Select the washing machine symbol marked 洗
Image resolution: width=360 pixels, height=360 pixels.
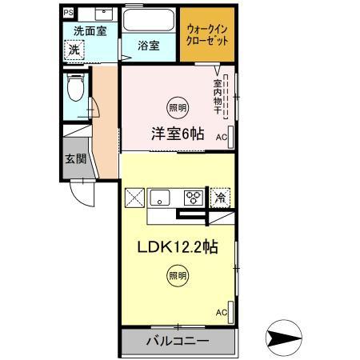pyautogui.click(x=73, y=50)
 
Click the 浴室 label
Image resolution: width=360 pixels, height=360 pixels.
pyautogui.click(x=149, y=46)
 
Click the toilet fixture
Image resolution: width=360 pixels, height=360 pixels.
pyautogui.click(x=75, y=90)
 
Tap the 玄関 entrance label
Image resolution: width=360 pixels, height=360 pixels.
pyautogui.click(x=75, y=157)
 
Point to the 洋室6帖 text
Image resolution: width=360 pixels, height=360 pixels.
pyautogui.click(x=178, y=134)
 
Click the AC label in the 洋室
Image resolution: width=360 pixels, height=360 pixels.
pyautogui.click(x=222, y=136)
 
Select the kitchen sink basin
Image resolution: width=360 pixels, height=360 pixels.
pyautogui.click(x=160, y=196)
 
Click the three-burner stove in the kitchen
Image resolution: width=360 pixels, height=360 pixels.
pyautogui.click(x=194, y=196)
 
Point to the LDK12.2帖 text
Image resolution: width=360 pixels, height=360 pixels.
pyautogui.click(x=178, y=246)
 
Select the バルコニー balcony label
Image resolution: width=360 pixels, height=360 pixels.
pyautogui.click(x=177, y=341)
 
